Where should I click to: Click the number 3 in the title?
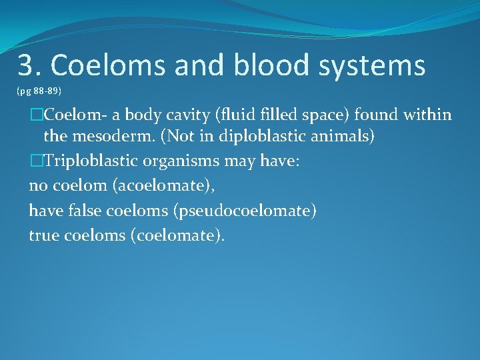tap(25, 65)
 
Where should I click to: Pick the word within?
tap(425, 115)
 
